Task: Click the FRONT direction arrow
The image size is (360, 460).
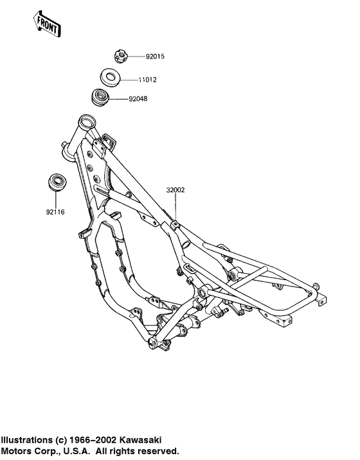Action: coord(47,24)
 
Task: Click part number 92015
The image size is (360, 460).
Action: coord(155,57)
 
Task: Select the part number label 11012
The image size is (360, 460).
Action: coord(147,80)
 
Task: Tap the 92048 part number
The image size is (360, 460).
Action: coord(138,99)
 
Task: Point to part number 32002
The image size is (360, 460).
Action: coord(175,190)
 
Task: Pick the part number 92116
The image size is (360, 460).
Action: coord(55,212)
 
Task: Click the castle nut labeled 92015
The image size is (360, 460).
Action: coord(120,57)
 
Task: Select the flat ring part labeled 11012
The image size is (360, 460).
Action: coord(110,77)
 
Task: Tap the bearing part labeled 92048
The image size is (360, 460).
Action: coord(100,97)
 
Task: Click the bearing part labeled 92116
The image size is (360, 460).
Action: coord(57,182)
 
